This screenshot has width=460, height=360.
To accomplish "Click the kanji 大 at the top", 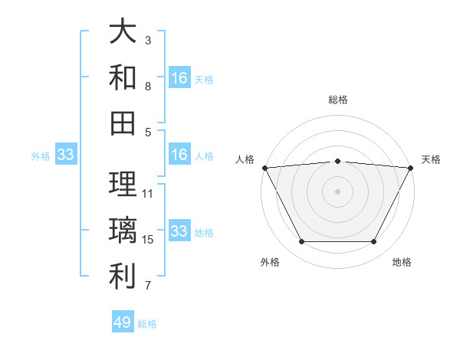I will [x=123, y=31].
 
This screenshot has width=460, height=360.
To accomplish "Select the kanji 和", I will [x=123, y=77].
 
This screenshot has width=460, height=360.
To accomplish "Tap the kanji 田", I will [x=123, y=122].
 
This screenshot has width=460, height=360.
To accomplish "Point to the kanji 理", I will [x=123, y=185].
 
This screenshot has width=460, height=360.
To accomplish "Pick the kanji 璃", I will [x=123, y=231].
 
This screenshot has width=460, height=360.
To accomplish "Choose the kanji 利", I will [x=123, y=277].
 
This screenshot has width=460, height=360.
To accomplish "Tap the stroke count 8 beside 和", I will [x=148, y=87].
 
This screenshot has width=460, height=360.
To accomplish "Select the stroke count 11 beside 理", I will [x=148, y=194].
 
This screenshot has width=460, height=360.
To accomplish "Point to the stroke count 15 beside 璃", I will [x=148, y=240].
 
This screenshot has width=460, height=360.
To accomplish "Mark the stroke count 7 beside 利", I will [x=148, y=286].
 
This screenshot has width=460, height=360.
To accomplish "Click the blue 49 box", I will [x=123, y=322].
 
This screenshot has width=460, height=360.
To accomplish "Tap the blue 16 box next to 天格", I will [x=179, y=77].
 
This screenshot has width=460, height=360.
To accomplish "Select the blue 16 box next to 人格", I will [x=179, y=155].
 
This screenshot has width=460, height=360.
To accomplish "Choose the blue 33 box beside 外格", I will [x=66, y=155].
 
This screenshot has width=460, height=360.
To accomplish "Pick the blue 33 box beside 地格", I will [x=179, y=231].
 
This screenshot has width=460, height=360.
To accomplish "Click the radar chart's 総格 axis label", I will [x=337, y=100].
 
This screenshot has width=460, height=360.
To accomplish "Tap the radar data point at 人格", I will [x=264, y=167].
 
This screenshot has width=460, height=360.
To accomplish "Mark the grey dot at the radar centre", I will [x=337, y=191].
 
